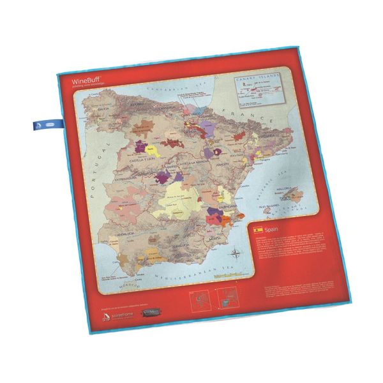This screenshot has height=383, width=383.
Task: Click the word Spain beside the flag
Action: coord(274,229)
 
